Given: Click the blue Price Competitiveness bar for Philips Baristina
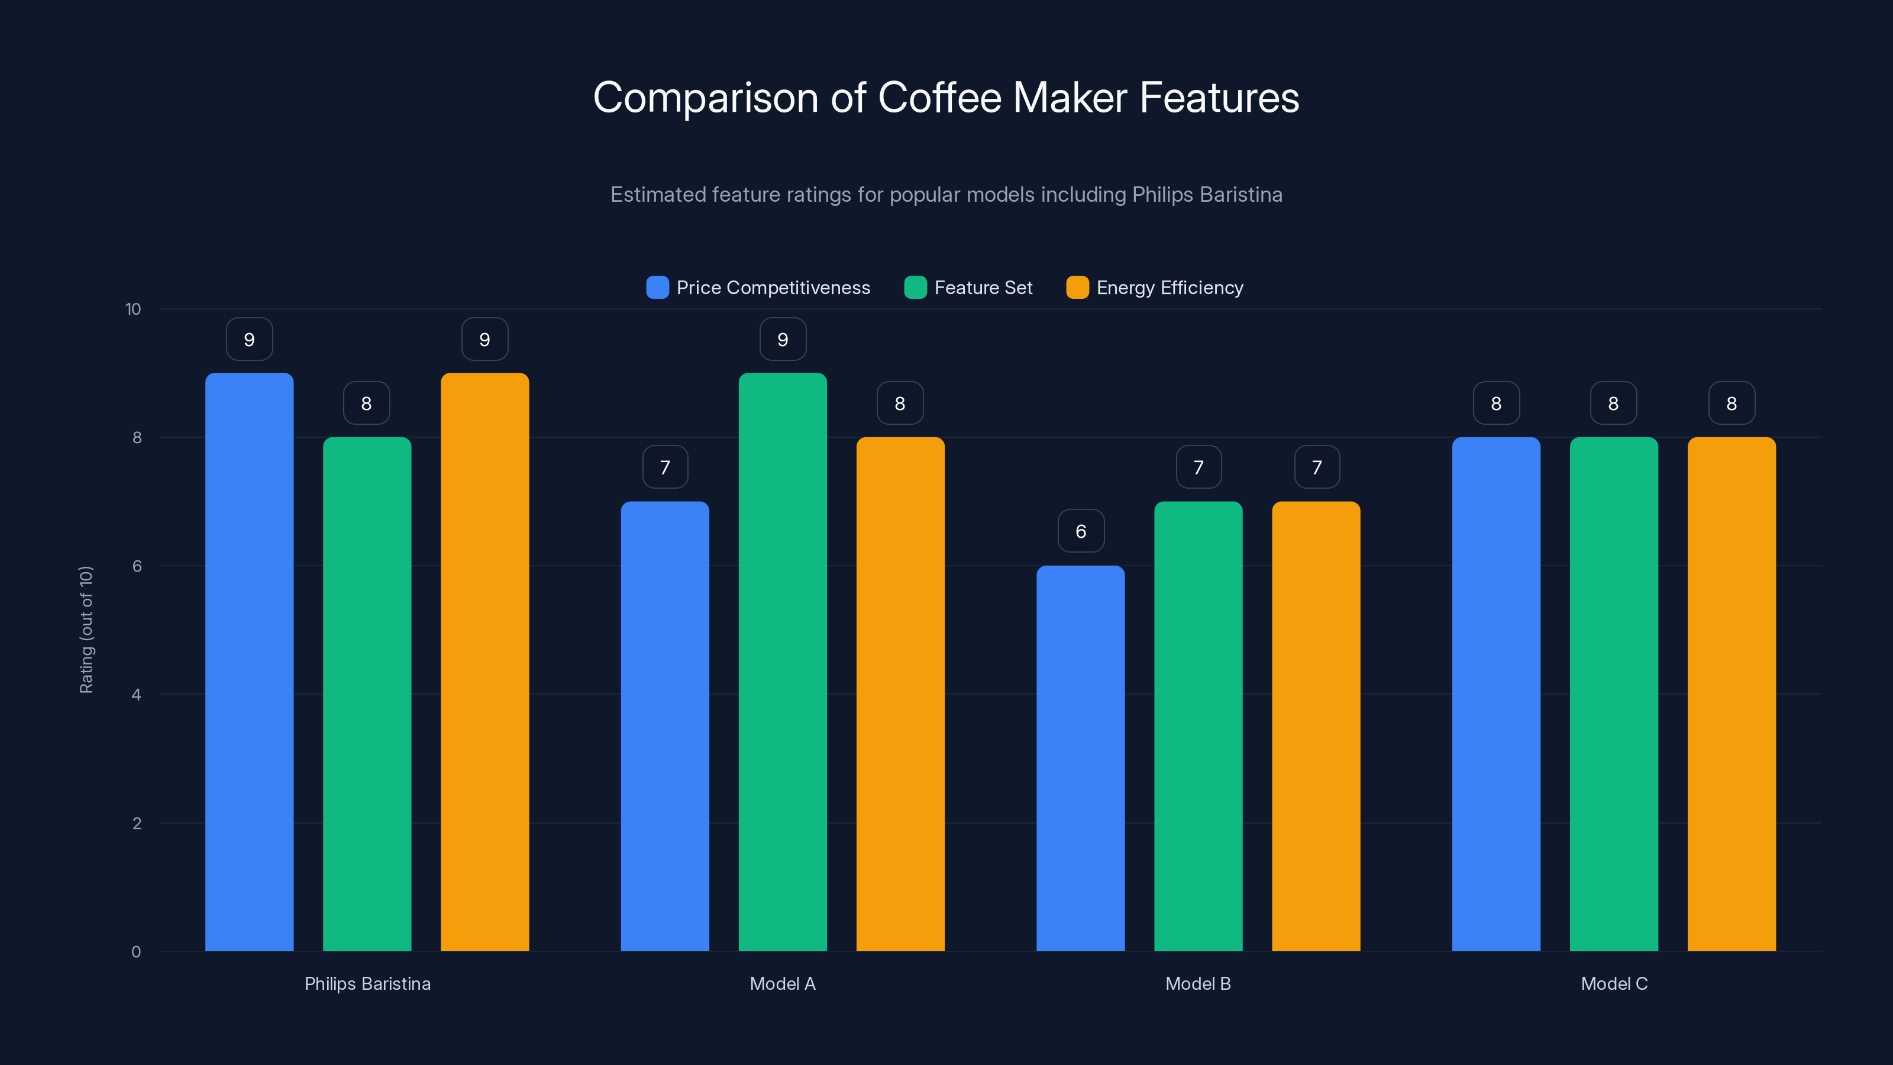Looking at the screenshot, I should pos(249,661).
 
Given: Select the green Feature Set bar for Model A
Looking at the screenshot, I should pos(783,661).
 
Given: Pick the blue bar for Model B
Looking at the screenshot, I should pos(1080,758).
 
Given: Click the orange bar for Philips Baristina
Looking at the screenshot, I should pos(484,661).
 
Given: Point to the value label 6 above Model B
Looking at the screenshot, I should pos(1081,531).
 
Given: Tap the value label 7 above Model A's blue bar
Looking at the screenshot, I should pos(665,467).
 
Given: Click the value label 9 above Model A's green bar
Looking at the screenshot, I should pos(783,340).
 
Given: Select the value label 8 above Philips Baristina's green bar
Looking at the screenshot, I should pos(367,404).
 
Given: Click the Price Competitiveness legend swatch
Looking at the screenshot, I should pos(658,288).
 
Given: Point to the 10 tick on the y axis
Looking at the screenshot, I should pos(133,309).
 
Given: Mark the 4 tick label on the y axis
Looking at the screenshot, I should pos(137,695).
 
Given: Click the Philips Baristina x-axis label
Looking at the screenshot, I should pos(367,983).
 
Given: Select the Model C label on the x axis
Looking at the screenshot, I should pos(1614,983).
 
